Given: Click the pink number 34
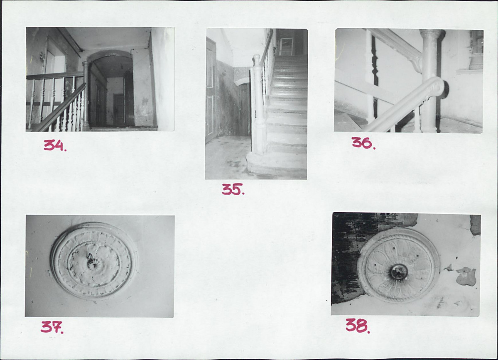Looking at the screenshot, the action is pyautogui.click(x=55, y=145).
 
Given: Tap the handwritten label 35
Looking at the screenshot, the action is pyautogui.click(x=233, y=189).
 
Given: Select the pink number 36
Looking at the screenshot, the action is pyautogui.click(x=363, y=143).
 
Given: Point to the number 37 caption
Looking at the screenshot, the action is pyautogui.click(x=52, y=327).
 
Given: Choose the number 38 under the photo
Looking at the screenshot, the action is pyautogui.click(x=358, y=326).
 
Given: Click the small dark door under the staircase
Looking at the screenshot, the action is pyautogui.click(x=244, y=109).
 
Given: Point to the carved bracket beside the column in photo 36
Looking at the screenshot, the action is pyautogui.click(x=417, y=64).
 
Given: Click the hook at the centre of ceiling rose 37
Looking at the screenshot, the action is pyautogui.click(x=91, y=259).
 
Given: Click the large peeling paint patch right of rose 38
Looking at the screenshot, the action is pyautogui.click(x=466, y=276).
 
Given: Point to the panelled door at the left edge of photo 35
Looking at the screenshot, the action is pyautogui.click(x=211, y=91).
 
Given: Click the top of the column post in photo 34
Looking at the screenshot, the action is pyautogui.click(x=86, y=64).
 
